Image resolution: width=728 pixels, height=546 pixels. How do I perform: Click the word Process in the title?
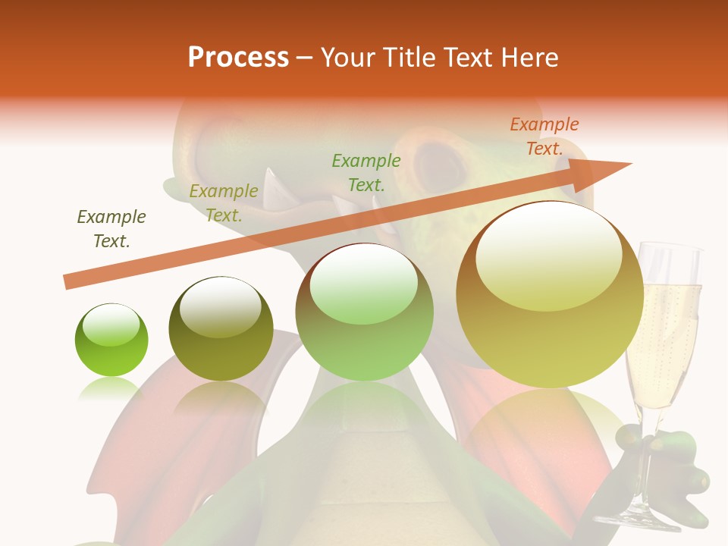point(238,58)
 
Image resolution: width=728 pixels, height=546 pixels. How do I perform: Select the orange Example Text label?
point(544,136)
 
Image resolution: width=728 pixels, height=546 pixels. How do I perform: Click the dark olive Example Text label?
point(111,228)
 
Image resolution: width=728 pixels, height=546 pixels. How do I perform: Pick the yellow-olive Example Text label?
point(223,202)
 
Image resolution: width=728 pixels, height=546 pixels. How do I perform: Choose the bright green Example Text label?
point(366,172)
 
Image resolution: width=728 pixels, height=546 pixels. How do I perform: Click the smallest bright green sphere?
point(111,340)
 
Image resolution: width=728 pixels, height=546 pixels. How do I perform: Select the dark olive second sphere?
point(221,328)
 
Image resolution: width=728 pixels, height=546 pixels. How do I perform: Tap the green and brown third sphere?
point(365,312)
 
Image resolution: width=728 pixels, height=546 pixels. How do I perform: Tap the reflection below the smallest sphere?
point(111,388)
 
